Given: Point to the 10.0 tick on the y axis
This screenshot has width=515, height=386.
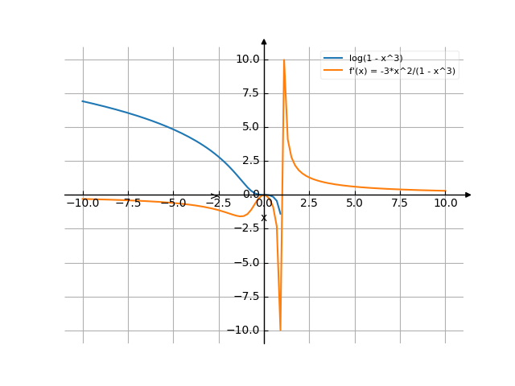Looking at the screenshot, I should click(247, 59).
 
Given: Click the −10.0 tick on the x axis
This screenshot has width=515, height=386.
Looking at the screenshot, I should click(83, 203).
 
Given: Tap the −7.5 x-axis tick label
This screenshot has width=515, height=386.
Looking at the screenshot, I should click(128, 203).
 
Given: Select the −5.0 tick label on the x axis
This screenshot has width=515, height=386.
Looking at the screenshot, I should click(173, 203).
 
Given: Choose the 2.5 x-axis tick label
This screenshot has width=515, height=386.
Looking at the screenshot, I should click(310, 203).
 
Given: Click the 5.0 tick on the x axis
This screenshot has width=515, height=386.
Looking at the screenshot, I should click(355, 203).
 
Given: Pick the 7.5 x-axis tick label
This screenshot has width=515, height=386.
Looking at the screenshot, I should click(400, 203).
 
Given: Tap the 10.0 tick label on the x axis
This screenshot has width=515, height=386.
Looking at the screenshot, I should click(445, 203).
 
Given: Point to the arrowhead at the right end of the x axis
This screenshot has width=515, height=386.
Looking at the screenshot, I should click(468, 195).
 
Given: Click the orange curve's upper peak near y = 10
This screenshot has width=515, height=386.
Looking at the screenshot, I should click(284, 60).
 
